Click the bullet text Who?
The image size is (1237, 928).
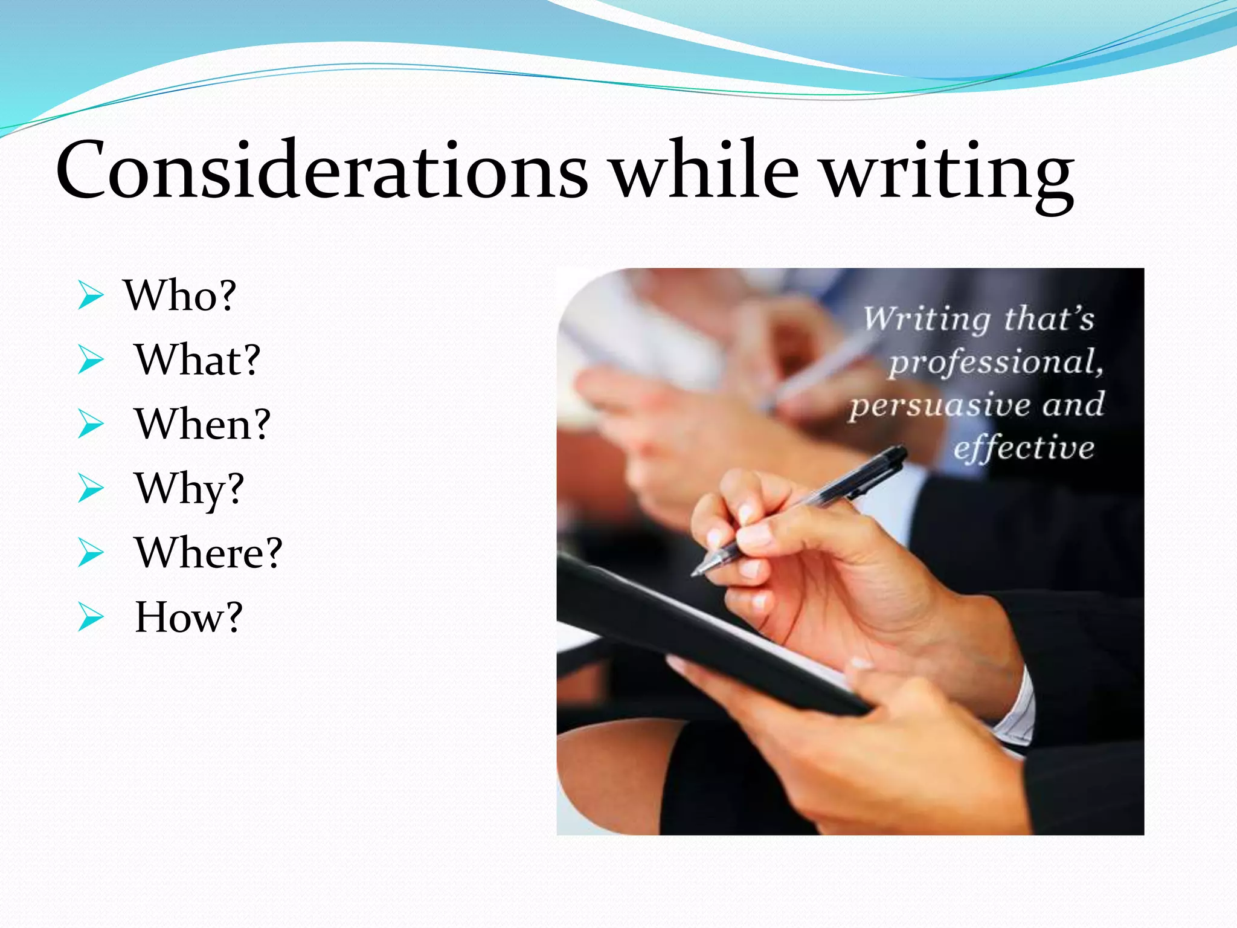point(179,296)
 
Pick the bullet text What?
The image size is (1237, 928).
point(197,360)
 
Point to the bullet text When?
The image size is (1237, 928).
point(202,424)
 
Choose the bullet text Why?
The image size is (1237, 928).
point(189,489)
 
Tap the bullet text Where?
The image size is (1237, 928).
point(208,553)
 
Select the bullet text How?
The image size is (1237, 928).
point(188,617)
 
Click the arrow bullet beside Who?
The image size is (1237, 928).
point(91,296)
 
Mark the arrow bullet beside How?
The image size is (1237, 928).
point(91,618)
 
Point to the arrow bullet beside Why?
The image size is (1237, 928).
point(91,489)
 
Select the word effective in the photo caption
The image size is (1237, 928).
point(1024,448)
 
